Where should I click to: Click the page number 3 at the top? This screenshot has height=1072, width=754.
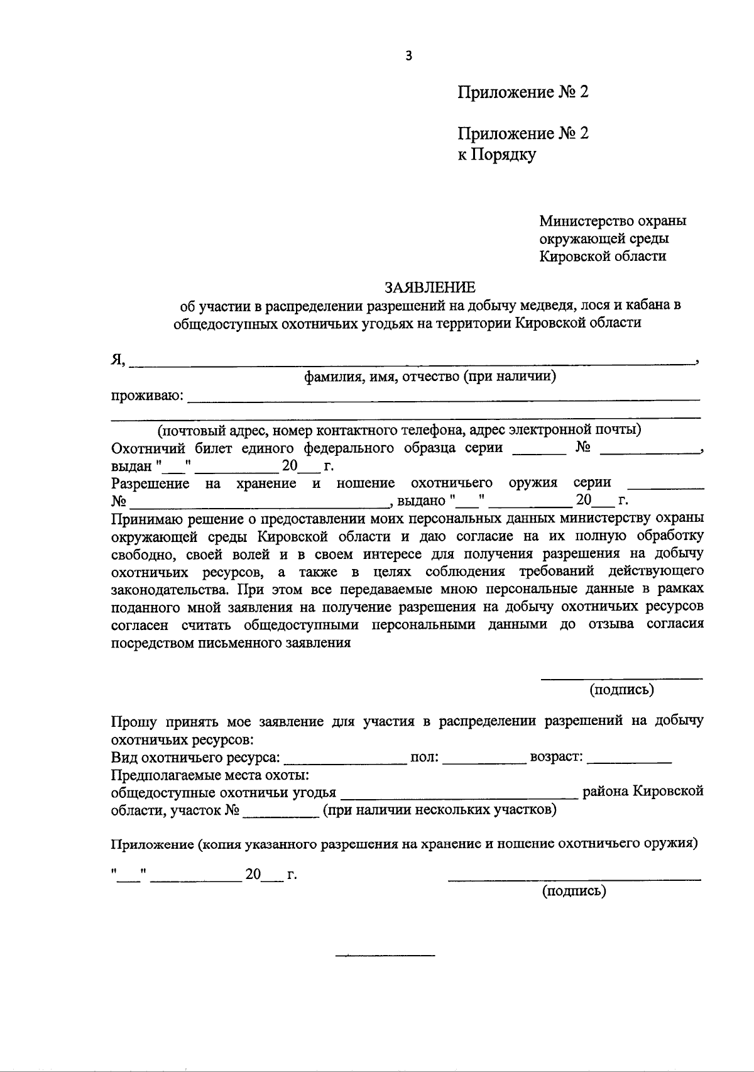409,56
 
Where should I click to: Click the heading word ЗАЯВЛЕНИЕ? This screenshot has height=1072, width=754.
430,287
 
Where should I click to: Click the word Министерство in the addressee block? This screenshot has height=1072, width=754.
577,221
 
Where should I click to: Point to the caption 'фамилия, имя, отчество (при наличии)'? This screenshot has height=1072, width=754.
430,377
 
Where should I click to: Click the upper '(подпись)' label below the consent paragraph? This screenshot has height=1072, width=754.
621,690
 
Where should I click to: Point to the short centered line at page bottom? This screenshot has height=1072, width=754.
385,956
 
